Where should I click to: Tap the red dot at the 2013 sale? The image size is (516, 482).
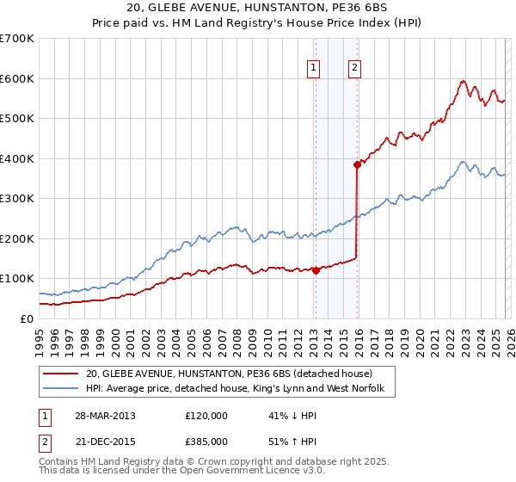pos(316,270)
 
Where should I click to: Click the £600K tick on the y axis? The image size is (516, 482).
pos(17,78)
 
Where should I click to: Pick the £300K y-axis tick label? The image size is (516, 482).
pos(17,198)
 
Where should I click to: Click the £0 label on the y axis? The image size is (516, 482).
pos(26,318)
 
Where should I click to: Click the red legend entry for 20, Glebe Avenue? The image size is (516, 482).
pos(228,374)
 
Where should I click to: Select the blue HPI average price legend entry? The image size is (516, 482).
pos(239,390)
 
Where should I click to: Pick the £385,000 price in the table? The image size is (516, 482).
pos(206,441)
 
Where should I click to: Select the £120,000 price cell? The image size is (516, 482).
pos(206,416)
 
